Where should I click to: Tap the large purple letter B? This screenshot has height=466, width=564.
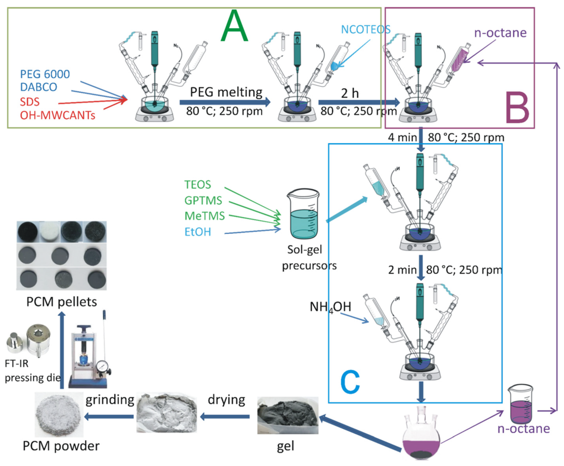point(517,107)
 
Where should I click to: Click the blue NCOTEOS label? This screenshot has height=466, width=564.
point(366,29)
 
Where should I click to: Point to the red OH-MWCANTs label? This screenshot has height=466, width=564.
point(57,115)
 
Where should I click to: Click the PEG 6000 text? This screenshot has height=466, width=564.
point(45,74)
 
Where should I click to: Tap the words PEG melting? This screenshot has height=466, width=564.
point(226,92)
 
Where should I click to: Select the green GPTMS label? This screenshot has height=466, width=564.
point(203,200)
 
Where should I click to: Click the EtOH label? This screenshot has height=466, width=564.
point(198,232)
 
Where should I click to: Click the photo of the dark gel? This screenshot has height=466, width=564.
point(288,416)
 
